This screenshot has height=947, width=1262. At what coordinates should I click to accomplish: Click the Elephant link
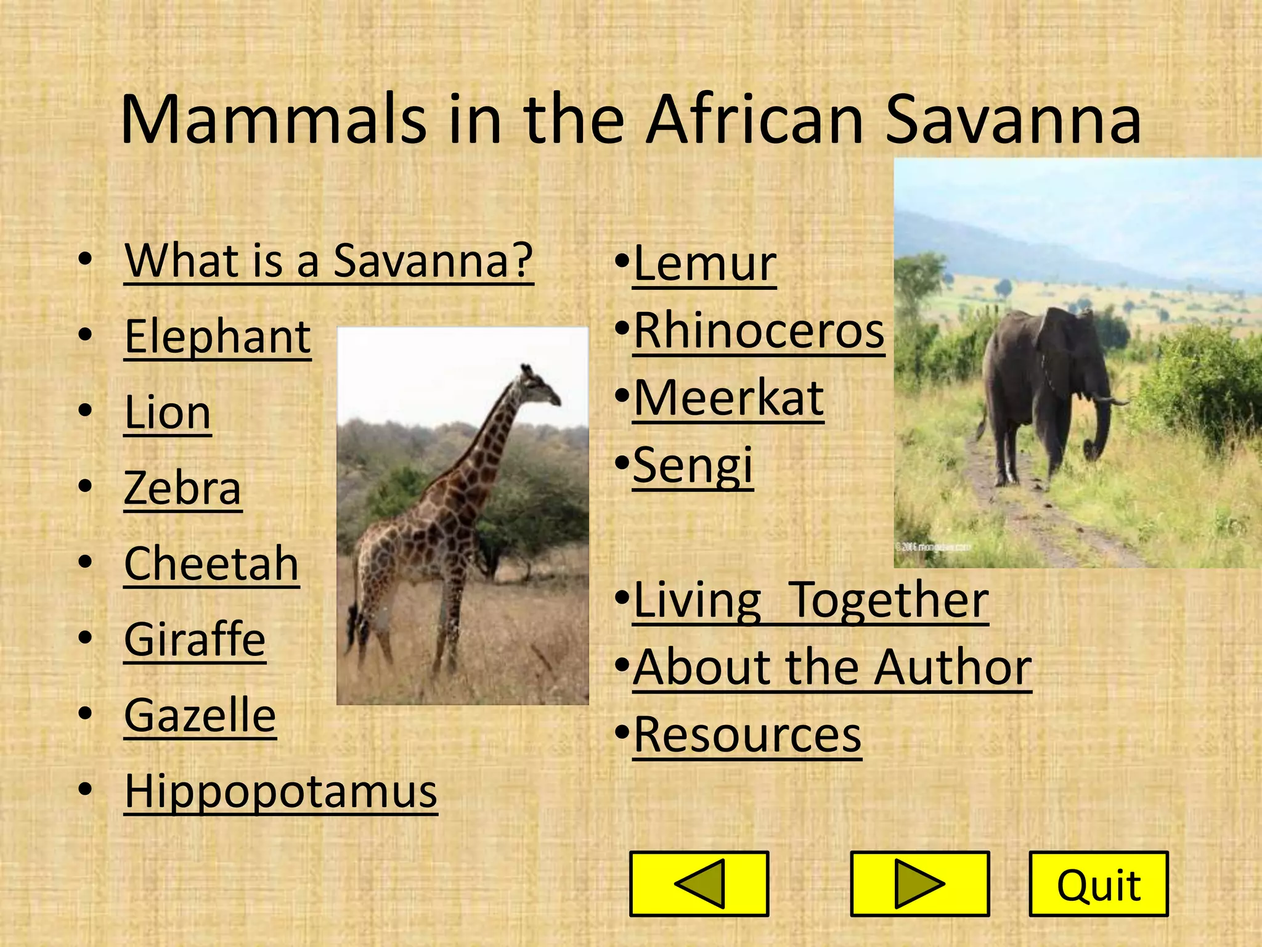tap(218, 337)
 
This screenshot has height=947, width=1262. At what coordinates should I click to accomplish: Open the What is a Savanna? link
tap(328, 261)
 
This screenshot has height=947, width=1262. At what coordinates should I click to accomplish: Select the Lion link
tap(168, 413)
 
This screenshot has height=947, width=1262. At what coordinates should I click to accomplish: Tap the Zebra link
tap(182, 489)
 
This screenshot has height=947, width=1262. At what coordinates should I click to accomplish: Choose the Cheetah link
tap(211, 564)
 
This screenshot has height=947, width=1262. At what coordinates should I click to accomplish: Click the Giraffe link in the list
tap(195, 640)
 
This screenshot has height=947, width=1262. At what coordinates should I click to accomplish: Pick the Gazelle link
tap(200, 716)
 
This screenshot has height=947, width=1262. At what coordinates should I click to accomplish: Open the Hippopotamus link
tap(280, 792)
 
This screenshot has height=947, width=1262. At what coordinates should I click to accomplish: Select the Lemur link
tap(704, 264)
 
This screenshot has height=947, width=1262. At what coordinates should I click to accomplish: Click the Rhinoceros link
tap(759, 332)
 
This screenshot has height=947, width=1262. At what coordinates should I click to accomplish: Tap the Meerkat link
tap(728, 399)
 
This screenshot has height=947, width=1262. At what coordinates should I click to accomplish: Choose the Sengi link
tap(693, 466)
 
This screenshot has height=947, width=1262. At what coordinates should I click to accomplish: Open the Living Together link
tap(810, 601)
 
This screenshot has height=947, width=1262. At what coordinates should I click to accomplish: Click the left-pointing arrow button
tap(699, 883)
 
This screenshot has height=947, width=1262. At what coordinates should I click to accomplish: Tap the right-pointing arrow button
tap(919, 883)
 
